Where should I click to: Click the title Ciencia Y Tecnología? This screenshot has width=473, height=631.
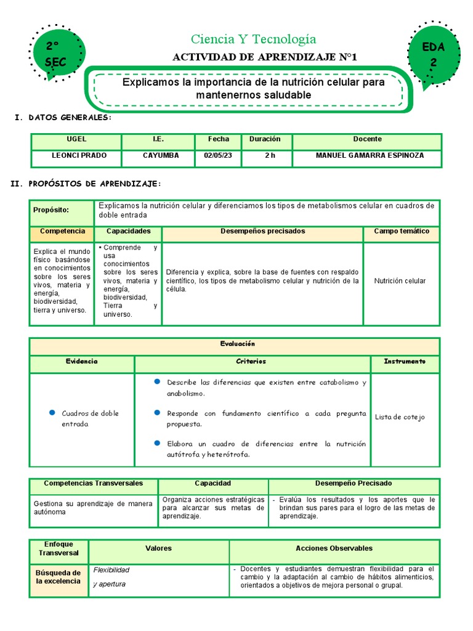(x=253, y=39)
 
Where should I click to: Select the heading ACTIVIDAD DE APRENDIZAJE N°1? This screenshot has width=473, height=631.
(x=265, y=57)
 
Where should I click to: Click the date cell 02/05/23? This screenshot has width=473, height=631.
(x=218, y=156)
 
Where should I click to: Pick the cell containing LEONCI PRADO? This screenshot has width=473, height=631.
(x=76, y=156)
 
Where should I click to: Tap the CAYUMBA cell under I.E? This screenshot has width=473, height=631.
(x=158, y=156)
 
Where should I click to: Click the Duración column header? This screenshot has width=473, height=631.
(x=265, y=140)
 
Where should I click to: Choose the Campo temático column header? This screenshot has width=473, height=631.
(x=402, y=232)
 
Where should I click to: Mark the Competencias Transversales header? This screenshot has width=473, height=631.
(x=94, y=484)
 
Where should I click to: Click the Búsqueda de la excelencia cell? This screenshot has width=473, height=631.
(x=59, y=577)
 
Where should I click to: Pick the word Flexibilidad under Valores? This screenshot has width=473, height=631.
(x=111, y=570)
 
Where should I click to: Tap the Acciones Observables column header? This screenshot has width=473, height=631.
(x=334, y=548)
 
